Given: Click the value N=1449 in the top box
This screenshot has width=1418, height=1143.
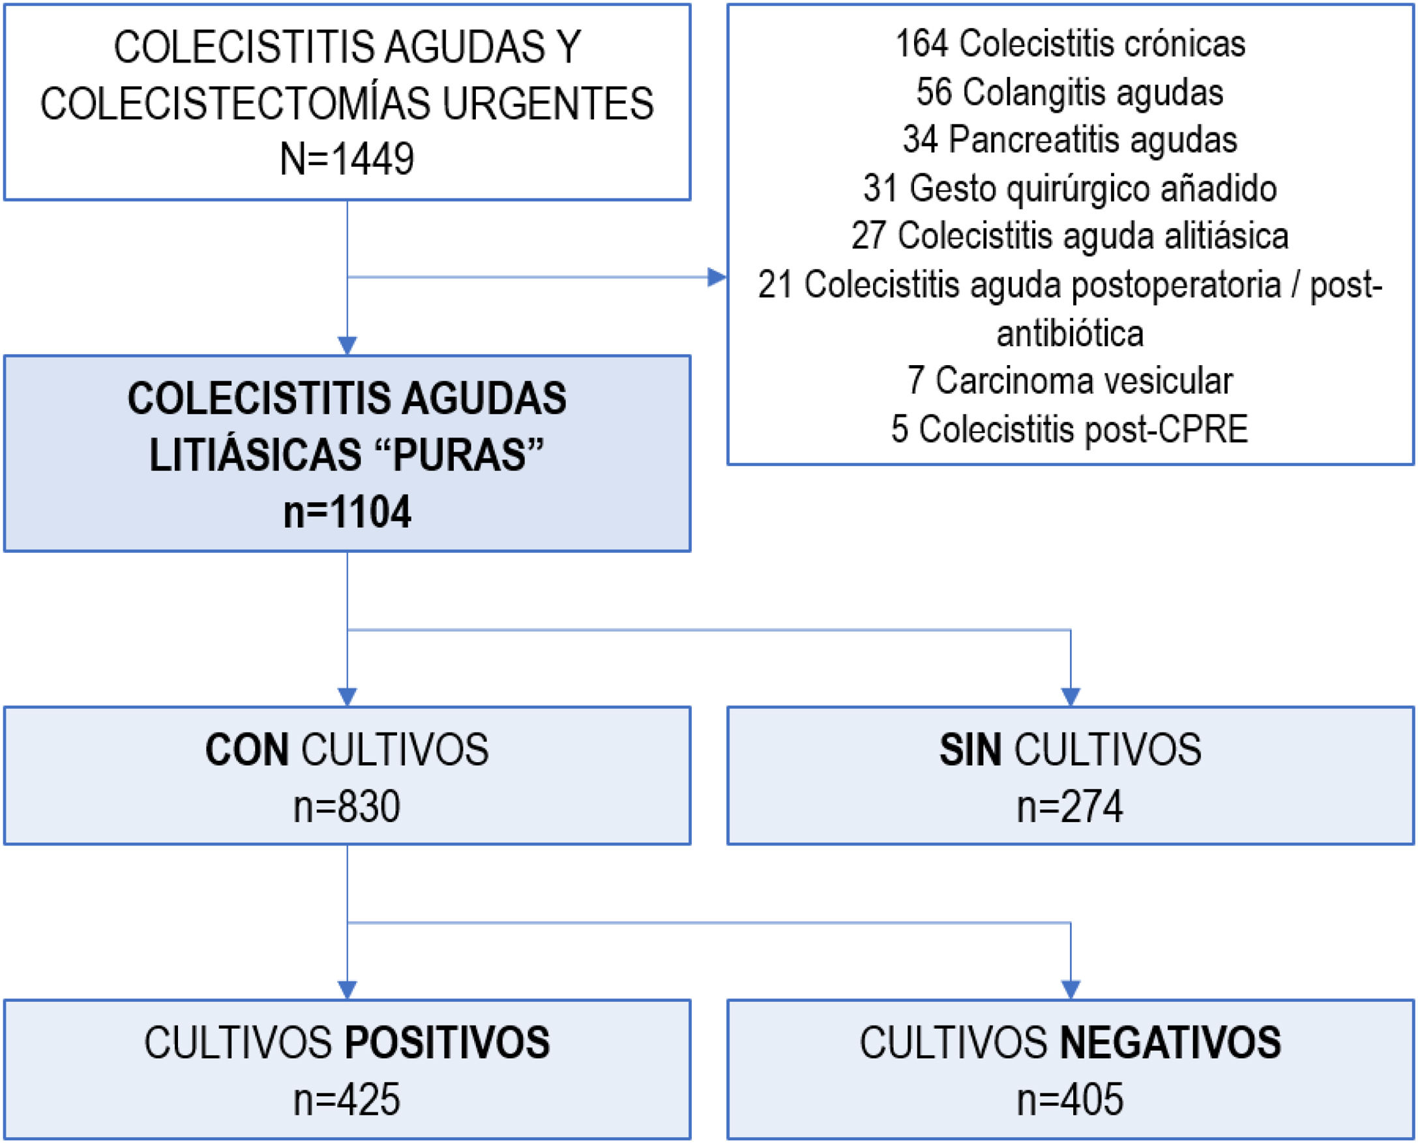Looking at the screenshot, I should [x=347, y=158].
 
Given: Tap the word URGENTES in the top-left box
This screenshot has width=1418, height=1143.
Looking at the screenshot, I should [x=548, y=104].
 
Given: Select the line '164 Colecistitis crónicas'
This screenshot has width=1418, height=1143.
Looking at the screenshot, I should [x=1070, y=44].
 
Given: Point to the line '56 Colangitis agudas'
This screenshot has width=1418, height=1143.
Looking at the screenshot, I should [x=1070, y=91].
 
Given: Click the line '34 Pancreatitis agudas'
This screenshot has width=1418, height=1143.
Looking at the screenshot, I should [x=1070, y=140].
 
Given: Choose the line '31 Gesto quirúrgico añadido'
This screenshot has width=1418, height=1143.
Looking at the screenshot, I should [x=1070, y=188].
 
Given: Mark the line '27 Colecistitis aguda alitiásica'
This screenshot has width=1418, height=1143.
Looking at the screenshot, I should [x=1070, y=236].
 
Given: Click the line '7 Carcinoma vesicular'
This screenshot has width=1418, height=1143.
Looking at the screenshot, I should [x=1070, y=381].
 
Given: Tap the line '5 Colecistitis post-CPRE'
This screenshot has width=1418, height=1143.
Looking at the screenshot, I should [x=1070, y=428].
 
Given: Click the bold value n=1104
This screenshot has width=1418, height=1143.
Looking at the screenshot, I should [x=347, y=512].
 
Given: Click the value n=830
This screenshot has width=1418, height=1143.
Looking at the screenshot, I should [x=347, y=807].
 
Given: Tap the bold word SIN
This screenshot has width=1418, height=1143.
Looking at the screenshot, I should [x=970, y=750].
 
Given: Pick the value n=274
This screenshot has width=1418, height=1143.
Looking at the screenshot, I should [x=1070, y=807].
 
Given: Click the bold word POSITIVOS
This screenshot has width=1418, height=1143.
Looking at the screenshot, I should [x=448, y=1043].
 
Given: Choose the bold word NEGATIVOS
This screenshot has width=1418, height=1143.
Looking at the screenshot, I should [x=1170, y=1043].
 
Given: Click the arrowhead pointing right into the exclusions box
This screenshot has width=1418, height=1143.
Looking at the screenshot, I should [x=716, y=277].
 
